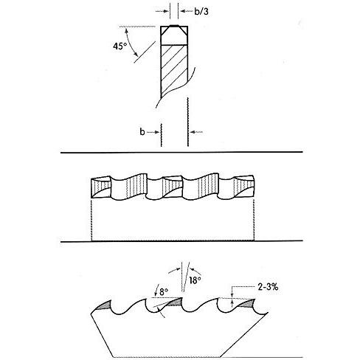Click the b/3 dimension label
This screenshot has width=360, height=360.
(x=201, y=11)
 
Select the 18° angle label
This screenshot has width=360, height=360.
(x=195, y=280)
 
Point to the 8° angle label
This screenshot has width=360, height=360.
(x=164, y=292)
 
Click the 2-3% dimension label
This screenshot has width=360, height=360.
(x=268, y=287)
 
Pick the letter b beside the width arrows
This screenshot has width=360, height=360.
(x=142, y=132)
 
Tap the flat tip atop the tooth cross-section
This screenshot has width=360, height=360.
(x=174, y=26)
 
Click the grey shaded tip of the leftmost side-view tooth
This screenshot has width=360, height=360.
(x=104, y=305)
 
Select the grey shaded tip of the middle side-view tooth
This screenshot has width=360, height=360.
(x=176, y=302)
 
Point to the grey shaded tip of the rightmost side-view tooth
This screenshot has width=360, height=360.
(x=246, y=303)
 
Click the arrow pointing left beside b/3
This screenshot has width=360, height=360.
(x=187, y=11)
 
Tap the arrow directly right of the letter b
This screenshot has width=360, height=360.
(x=153, y=132)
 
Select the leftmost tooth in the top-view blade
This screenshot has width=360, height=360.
(x=101, y=187)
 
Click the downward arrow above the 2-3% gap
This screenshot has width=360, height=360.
(x=232, y=293)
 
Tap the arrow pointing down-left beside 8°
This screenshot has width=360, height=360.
(x=156, y=291)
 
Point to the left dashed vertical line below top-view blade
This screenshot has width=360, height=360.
(x=91, y=220)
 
